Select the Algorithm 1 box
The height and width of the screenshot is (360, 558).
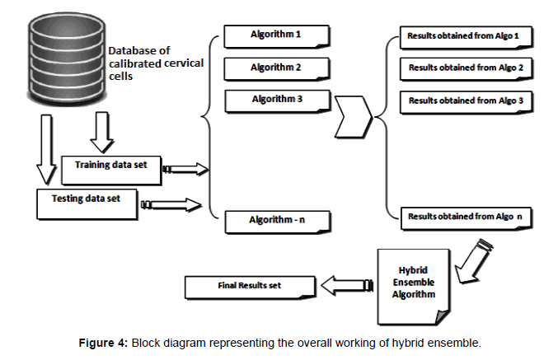pyautogui.click(x=276, y=36)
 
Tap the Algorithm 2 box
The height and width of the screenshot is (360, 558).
pyautogui.click(x=276, y=68)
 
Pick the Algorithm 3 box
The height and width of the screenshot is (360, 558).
pyautogui.click(x=276, y=100)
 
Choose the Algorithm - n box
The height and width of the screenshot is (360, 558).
pyautogui.click(x=276, y=220)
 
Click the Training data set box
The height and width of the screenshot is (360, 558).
pyautogui.click(x=111, y=166)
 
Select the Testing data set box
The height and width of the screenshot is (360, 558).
pyautogui.click(x=87, y=200)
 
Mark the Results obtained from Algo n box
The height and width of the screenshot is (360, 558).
pyautogui.click(x=467, y=217)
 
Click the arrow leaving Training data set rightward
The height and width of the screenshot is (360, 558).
pyautogui.click(x=185, y=169)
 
